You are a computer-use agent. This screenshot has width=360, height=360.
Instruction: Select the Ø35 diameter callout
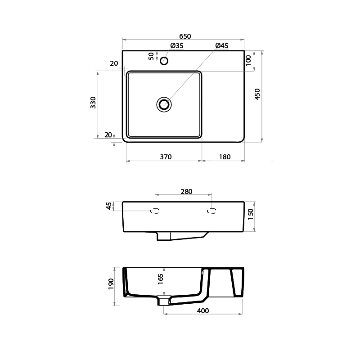point(176,46)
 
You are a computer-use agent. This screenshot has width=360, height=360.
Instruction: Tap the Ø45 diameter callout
point(222,46)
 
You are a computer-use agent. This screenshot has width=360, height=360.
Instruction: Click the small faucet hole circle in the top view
point(164,60)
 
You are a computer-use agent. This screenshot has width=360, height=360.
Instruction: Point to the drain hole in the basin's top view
point(164,104)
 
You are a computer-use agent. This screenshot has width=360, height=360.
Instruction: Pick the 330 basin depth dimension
point(93,103)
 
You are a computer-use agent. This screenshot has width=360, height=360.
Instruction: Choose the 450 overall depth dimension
point(257,94)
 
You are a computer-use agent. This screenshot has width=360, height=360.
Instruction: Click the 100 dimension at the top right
point(248,61)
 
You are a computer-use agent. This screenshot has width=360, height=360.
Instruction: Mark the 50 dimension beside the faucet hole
point(152,56)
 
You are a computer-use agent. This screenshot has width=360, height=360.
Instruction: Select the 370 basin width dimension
point(166,157)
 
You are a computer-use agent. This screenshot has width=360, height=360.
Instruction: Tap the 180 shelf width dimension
point(225,157)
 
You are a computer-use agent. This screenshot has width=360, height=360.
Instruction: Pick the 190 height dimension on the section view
point(112,283)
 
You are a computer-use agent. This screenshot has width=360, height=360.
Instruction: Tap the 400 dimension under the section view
point(203,310)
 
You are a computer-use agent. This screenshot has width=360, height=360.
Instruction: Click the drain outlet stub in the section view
point(165,300)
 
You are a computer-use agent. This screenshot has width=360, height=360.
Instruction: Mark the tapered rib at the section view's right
point(237,283)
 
